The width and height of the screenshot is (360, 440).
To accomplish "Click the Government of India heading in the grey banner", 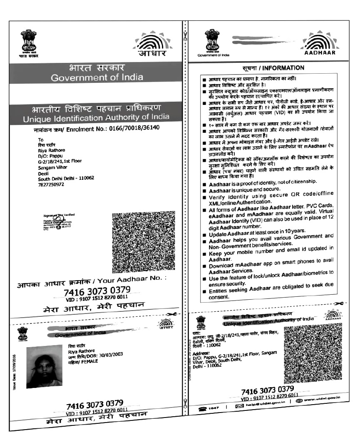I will pos(97,77).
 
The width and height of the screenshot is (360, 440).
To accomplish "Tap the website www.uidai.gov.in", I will pos(322,400).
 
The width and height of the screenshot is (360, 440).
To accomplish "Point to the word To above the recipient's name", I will pos(40,139).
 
